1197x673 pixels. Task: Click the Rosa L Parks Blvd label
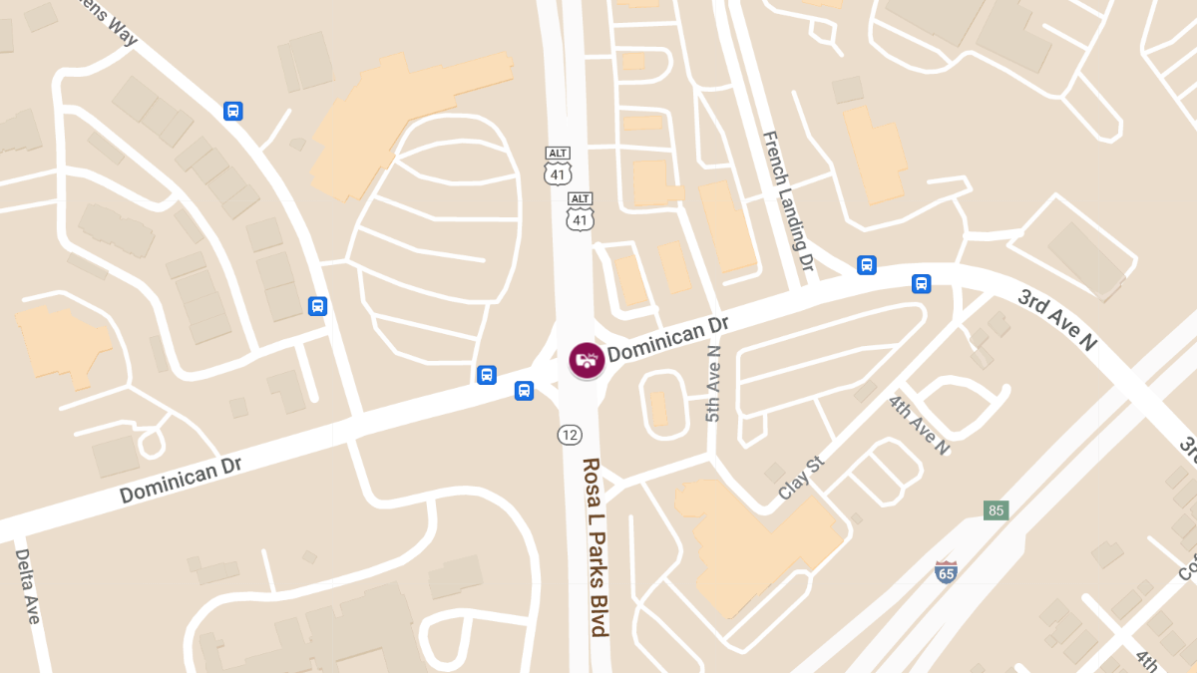(x=596, y=546)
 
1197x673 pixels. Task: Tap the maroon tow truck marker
(x=587, y=360)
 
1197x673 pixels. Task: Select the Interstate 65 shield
(x=946, y=572)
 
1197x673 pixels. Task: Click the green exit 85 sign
(x=995, y=510)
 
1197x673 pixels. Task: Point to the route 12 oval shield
(x=570, y=435)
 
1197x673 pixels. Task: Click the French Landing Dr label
(x=789, y=201)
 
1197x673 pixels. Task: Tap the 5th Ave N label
(x=713, y=383)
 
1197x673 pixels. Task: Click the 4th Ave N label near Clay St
(x=919, y=426)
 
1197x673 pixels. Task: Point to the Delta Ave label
(x=27, y=587)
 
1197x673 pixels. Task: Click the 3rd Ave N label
(x=1056, y=319)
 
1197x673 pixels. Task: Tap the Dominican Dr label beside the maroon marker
(x=668, y=339)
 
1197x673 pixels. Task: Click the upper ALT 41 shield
(x=558, y=166)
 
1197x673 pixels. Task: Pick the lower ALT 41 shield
(x=580, y=211)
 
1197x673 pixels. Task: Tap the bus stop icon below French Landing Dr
(x=867, y=265)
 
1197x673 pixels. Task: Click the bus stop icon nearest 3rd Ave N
(x=921, y=283)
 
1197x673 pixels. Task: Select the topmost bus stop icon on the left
(x=232, y=111)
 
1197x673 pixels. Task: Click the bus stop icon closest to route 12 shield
(x=524, y=391)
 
